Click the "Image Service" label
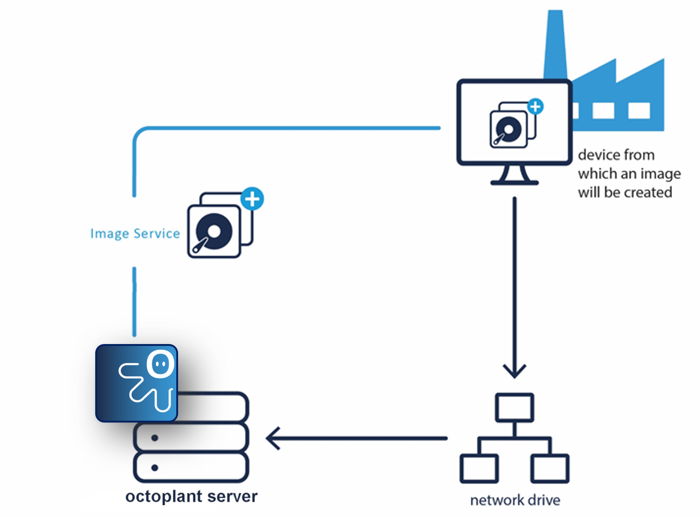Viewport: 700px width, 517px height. coord(135,234)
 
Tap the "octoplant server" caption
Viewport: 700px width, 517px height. coord(191,496)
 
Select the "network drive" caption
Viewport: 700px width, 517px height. coord(515,500)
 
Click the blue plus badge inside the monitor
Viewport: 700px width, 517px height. coord(535,107)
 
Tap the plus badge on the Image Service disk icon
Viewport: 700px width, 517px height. coord(252,199)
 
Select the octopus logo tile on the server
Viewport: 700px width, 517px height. coord(137,383)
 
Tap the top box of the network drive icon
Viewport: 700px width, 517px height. coord(514,407)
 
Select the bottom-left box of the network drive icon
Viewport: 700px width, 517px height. coord(479,468)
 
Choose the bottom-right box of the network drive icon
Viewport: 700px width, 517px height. coord(550,468)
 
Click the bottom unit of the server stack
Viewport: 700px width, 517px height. coord(191,467)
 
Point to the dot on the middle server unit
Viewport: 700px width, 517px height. coord(154,438)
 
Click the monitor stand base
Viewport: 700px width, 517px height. coord(514,182)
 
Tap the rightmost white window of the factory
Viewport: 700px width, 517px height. coord(639,110)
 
